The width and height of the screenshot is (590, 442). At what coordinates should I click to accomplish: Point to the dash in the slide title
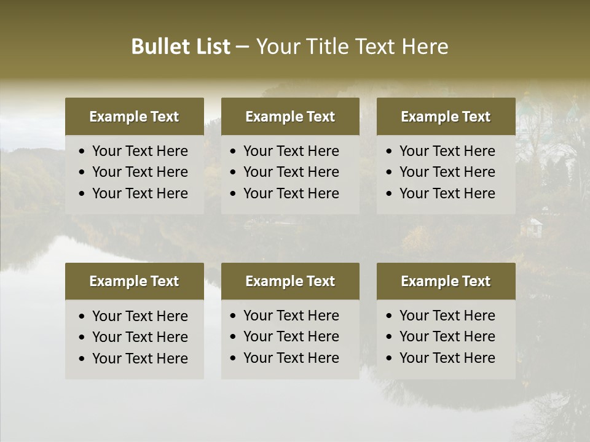(243, 47)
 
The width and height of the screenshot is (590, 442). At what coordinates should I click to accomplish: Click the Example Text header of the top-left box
(134, 117)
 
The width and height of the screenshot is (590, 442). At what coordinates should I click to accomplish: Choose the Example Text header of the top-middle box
(290, 117)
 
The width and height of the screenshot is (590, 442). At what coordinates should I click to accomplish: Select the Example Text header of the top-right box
(446, 117)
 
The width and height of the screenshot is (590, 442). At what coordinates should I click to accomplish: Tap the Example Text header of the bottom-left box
(134, 281)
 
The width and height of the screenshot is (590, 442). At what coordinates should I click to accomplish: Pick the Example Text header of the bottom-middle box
(290, 281)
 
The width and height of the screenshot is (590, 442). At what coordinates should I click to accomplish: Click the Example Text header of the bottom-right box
(446, 281)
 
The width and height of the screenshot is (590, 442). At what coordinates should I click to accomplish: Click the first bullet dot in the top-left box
(82, 152)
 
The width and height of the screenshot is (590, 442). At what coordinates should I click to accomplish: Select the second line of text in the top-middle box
(291, 172)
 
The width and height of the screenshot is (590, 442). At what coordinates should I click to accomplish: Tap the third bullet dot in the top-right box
(390, 194)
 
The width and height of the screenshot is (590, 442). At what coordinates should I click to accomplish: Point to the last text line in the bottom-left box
(140, 359)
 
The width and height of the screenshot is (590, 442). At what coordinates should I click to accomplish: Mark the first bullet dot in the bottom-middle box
(234, 316)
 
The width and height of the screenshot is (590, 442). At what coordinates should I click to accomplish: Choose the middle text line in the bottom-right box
(447, 336)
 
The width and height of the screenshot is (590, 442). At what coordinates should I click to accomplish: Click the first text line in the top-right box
(447, 151)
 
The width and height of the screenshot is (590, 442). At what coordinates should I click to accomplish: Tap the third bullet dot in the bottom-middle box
(234, 359)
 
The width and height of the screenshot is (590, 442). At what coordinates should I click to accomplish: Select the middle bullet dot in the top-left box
(82, 173)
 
